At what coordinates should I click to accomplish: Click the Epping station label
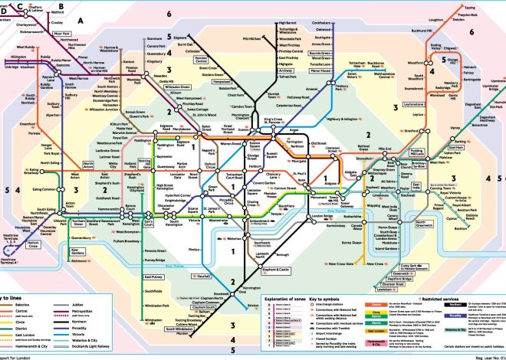click(x=470, y=8)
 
